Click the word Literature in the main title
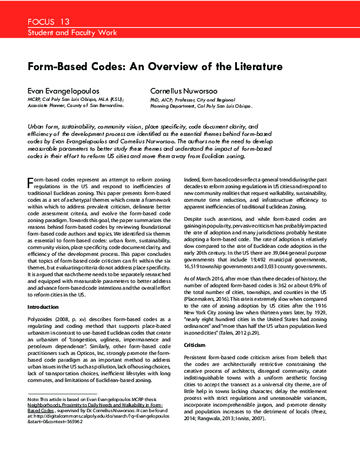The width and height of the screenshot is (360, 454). (x=255, y=66)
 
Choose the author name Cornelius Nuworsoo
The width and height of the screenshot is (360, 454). (x=187, y=90)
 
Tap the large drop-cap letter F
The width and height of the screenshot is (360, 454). (x=31, y=181)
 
